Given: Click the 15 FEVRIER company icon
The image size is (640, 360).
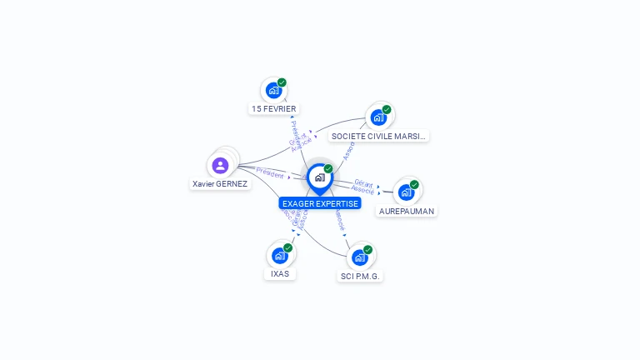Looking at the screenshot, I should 272,91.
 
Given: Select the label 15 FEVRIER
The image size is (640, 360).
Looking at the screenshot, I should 273,109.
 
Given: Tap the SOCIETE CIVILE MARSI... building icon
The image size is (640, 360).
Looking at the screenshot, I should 378,117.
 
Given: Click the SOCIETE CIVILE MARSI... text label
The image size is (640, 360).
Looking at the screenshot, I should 378,136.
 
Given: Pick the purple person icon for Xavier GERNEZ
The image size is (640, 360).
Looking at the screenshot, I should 220,165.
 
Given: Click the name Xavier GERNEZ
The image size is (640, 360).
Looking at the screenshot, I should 220,184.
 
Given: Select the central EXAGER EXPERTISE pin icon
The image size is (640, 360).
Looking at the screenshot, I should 319,177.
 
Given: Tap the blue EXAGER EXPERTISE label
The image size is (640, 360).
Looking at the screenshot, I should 320,203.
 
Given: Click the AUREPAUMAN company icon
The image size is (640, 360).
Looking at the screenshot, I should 406,192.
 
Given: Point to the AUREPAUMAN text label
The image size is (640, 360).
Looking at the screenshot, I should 407,212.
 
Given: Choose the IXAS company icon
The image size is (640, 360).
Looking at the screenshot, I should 279,256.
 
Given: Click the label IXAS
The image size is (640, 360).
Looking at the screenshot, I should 280,274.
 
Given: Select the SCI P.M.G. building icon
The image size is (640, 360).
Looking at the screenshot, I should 359,257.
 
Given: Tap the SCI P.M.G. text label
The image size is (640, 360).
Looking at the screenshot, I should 361,276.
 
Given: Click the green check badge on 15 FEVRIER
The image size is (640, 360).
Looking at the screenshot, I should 282,82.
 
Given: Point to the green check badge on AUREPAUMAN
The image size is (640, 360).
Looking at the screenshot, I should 414,184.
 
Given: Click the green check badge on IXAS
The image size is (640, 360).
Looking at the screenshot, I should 287,247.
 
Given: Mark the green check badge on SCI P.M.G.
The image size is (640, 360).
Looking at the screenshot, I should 367,249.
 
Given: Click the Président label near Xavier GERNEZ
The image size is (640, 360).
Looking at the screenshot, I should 270,172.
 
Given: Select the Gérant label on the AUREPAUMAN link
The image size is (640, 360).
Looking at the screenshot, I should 363,182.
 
